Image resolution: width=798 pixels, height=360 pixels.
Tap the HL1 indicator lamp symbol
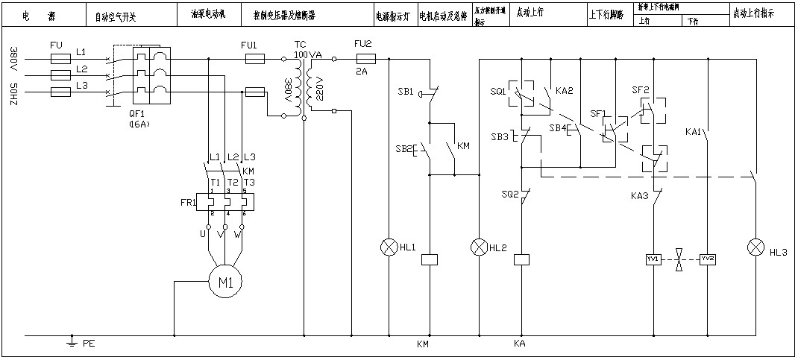[388, 247]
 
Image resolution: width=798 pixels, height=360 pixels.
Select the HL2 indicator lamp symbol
[477, 247]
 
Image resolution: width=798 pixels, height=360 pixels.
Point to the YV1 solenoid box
[653, 259]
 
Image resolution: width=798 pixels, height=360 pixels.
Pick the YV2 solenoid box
[708, 259]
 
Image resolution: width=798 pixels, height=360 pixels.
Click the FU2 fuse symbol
[365, 57]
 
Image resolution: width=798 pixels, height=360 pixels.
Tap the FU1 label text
[249, 45]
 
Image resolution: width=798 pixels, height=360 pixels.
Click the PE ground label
[89, 344]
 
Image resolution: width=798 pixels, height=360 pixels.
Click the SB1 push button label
[405, 91]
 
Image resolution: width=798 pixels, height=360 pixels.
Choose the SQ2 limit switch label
[510, 195]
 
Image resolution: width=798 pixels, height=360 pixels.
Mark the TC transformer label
[300, 45]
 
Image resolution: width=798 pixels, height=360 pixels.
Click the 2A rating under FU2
[362, 72]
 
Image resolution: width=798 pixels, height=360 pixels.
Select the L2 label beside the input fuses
[81, 69]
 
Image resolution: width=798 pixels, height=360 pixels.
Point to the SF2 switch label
[641, 90]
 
